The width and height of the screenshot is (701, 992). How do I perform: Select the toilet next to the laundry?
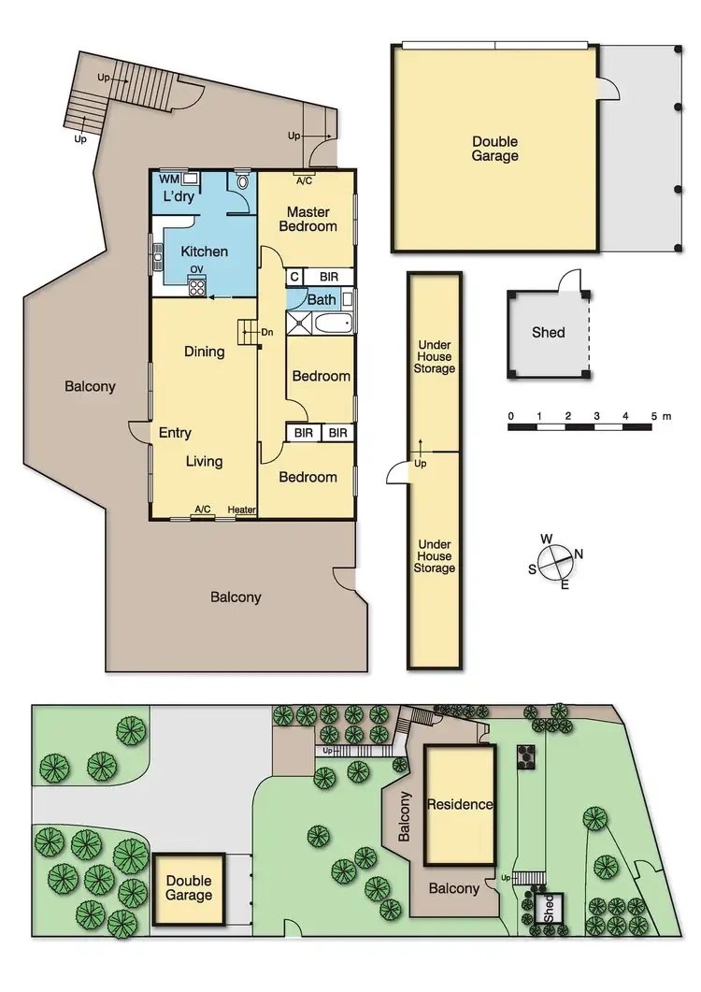242,180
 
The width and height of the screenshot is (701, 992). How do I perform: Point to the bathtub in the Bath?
334,324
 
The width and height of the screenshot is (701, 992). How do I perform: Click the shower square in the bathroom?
300,324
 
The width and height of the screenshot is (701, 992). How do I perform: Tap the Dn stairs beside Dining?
248,330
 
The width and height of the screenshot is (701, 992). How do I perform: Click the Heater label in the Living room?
241,510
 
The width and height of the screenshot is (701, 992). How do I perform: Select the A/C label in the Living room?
202,510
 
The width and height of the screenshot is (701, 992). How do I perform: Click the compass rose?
555,563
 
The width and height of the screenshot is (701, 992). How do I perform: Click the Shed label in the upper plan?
548,332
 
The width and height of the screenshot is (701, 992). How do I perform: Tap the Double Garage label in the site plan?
189,887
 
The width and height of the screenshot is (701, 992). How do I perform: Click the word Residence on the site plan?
459,804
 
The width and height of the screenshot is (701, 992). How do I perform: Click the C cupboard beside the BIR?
294,277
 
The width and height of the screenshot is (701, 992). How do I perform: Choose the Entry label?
175,433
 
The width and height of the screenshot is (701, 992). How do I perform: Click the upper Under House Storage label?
434,357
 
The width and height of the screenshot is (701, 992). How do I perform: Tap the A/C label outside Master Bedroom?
304,180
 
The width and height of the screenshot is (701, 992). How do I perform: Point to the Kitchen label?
204,252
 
